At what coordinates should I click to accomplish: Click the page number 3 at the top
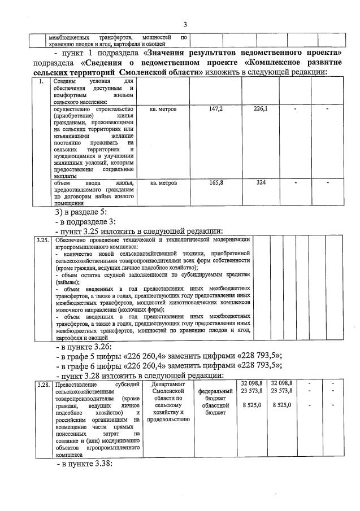coord(184,24)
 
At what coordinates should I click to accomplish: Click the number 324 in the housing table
coord(261,183)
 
